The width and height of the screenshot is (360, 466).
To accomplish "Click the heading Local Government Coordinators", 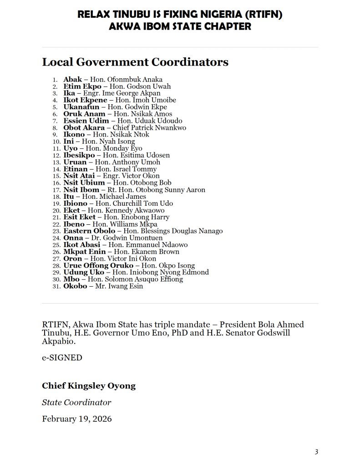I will (135, 62).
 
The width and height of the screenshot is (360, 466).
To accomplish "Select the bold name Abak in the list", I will (72, 80).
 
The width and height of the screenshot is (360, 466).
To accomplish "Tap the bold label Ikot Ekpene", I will (85, 100).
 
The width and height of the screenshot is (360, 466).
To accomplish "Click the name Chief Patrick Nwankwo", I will (149, 128).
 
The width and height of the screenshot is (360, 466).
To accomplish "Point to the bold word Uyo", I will (71, 148).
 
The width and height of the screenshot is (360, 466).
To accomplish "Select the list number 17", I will (56, 190).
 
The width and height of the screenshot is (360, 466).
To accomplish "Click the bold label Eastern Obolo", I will (89, 231).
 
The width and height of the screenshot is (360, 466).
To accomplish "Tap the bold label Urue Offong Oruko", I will (98, 266).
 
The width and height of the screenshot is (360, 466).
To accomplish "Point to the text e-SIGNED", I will (62, 358).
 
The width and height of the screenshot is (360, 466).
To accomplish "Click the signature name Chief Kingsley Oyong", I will (89, 386).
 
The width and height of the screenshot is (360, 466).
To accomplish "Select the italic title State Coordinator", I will (76, 402).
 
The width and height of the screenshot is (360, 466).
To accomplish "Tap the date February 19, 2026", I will (76, 419).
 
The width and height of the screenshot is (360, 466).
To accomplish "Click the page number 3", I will (316, 452).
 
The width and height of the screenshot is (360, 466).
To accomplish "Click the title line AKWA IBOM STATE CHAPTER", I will (180, 26).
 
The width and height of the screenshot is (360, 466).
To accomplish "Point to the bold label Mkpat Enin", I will (84, 252).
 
